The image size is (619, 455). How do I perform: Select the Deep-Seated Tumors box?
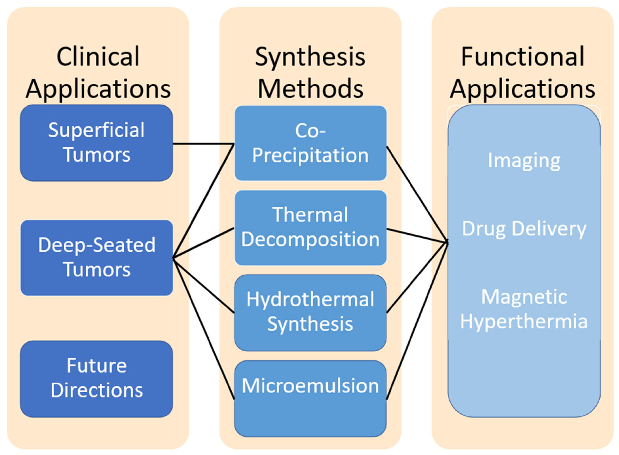coord(96,258)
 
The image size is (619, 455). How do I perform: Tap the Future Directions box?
coord(96,379)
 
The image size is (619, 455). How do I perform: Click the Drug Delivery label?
coord(524,229)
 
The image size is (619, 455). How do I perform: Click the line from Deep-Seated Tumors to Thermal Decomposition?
coord(203,243)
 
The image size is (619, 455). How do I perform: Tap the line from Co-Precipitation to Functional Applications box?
coord(417,194)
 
